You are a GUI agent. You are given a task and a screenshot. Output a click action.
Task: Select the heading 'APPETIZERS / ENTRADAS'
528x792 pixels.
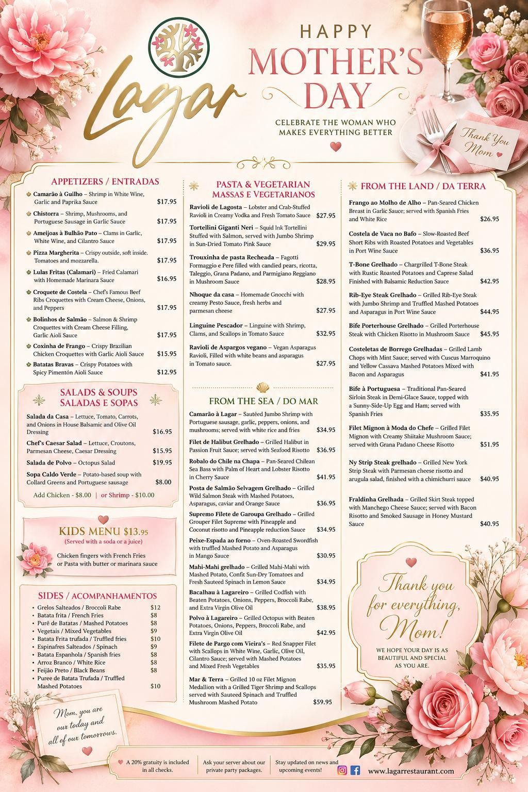[105, 181]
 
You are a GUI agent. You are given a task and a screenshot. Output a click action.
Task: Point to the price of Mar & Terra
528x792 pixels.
[322, 702]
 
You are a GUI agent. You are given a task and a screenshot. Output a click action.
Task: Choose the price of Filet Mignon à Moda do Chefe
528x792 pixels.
[489, 444]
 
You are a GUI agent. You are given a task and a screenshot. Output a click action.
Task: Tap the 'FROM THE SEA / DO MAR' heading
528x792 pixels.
[263, 401]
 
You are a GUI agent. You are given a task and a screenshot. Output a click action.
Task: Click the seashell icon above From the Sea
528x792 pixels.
[263, 387]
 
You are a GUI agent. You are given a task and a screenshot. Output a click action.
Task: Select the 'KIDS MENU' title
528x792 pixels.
[90, 532]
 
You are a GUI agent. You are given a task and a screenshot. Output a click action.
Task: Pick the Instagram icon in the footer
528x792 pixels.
[342, 770]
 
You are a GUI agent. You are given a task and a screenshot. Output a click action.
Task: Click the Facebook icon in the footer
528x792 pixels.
[355, 770]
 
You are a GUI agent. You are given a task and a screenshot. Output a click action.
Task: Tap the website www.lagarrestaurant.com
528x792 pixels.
[411, 771]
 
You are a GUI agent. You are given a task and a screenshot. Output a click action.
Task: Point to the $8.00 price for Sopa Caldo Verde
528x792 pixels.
[163, 482]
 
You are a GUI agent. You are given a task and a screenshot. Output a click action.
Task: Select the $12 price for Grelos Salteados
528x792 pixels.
[155, 607]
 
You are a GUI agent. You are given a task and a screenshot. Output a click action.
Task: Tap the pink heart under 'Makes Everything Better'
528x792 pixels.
[335, 146]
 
